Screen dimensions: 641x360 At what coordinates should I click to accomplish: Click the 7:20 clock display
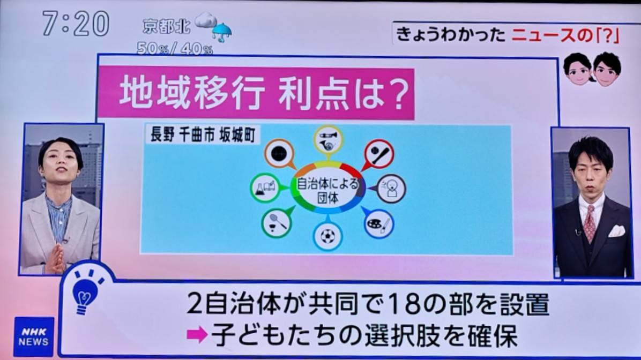coord(76,24)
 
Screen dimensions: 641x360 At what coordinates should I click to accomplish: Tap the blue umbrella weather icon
coord(222,32)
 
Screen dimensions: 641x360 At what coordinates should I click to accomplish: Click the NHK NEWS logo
coord(34,337)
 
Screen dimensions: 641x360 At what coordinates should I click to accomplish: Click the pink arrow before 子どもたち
coord(197,335)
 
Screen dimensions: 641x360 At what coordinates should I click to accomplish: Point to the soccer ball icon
coord(328,236)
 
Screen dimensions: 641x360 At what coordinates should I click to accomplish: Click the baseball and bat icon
coord(379,154)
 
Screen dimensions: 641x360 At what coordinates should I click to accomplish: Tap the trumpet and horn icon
coord(328,139)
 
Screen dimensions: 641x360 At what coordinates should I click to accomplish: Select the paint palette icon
coord(378,223)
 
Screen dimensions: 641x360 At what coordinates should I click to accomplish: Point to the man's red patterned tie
coord(589,223)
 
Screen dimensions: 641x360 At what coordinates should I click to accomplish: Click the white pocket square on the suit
coord(616,231)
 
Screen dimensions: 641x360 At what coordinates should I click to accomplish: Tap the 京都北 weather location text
coord(167,27)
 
